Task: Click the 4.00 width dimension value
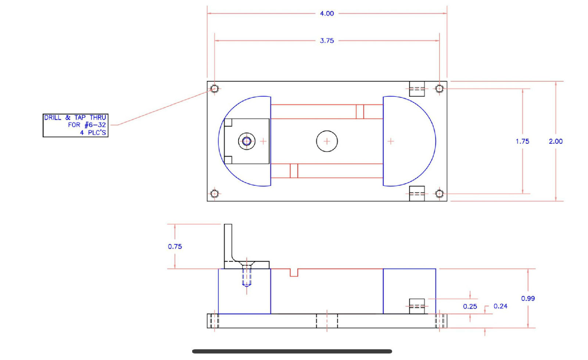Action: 327,14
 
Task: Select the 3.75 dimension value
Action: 327,41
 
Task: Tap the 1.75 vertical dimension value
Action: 522,141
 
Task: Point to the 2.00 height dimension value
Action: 555,141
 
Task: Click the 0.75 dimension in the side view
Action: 175,246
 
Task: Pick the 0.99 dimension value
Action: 528,298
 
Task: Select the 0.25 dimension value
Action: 470,306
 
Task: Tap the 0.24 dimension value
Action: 500,306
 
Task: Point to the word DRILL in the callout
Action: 53,118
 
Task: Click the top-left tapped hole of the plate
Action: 215,89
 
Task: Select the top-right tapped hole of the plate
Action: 439,89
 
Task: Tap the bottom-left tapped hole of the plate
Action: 215,194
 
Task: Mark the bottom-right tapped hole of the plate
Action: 439,194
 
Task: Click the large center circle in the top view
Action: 327,141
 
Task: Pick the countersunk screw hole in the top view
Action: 247,141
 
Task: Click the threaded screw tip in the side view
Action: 247,283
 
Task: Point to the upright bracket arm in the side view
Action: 228,241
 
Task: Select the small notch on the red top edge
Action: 294,272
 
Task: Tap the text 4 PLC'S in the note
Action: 93,133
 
